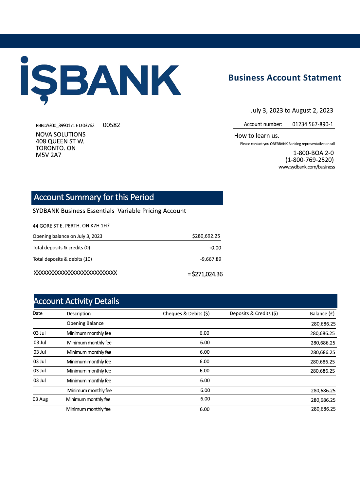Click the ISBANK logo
[x=101, y=80]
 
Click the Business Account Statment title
[x=285, y=78]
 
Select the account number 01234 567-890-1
[x=313, y=124]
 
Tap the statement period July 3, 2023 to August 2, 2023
[x=292, y=111]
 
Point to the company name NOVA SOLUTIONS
[x=61, y=134]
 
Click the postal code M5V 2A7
[x=48, y=155]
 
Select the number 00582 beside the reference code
[x=111, y=125]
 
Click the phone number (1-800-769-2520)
[x=309, y=160]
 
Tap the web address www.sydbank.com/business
[x=307, y=167]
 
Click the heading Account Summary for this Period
[x=94, y=197]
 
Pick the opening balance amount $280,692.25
[x=206, y=236]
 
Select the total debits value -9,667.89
[x=210, y=259]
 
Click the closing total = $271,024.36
[x=205, y=274]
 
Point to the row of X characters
[x=75, y=273]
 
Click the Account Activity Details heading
[x=76, y=301]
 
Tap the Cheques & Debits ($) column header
[x=186, y=313]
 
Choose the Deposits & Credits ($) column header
[x=254, y=313]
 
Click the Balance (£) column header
[x=322, y=313]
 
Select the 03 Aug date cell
[x=40, y=399]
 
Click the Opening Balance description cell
[x=85, y=323]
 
